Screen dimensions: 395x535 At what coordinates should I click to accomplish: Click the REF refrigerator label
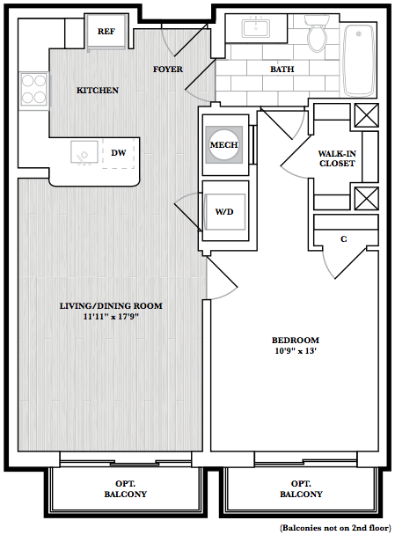(x=106, y=32)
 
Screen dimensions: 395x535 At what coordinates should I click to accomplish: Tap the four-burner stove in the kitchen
(x=33, y=90)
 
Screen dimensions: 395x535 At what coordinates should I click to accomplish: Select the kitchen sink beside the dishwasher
(x=84, y=152)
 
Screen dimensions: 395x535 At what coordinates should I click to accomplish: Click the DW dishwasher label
(x=119, y=153)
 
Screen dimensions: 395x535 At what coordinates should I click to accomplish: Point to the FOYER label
(x=167, y=70)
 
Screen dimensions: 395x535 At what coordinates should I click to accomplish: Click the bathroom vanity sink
(x=256, y=28)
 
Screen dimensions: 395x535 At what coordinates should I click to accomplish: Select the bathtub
(x=359, y=60)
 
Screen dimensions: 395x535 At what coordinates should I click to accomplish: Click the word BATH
(x=282, y=70)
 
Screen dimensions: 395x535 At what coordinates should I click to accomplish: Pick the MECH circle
(x=223, y=144)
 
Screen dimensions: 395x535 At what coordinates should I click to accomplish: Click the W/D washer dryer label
(x=224, y=212)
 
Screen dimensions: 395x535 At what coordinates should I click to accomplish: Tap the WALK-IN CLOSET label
(x=337, y=158)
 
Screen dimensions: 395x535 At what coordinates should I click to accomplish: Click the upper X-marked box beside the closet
(x=367, y=115)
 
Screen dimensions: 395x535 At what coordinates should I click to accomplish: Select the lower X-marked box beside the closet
(x=367, y=198)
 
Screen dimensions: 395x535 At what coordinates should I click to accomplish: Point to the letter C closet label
(x=344, y=239)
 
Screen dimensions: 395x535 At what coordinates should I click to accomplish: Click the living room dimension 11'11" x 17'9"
(x=111, y=317)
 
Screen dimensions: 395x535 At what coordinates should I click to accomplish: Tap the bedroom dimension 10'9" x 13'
(x=296, y=351)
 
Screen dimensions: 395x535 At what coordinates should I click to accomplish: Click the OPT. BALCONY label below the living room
(x=126, y=489)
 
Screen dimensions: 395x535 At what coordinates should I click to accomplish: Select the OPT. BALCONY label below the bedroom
(x=301, y=489)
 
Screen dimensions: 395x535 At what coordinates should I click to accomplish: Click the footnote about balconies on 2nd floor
(x=335, y=528)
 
